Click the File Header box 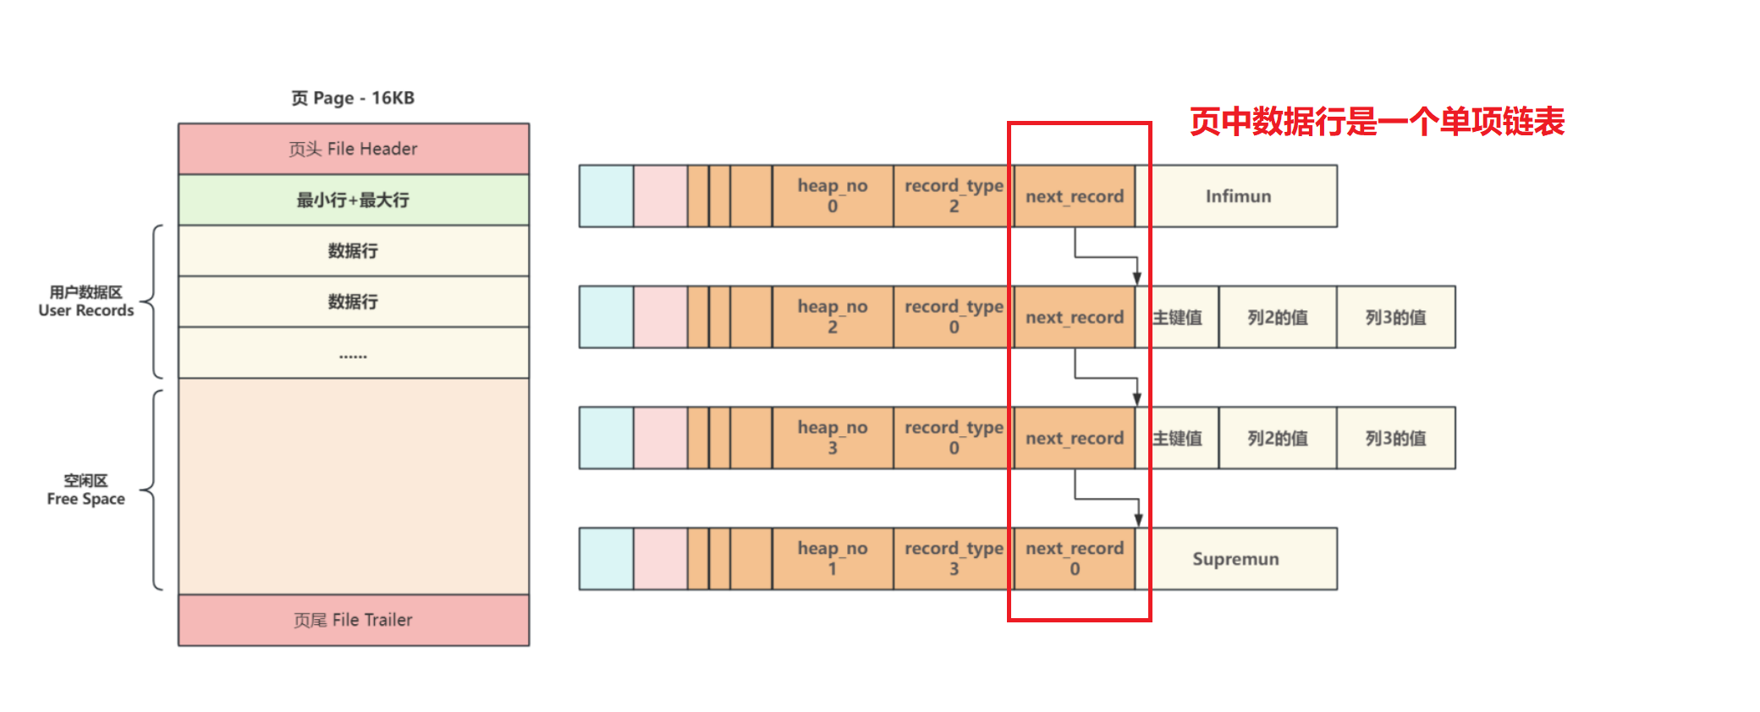[x=353, y=149]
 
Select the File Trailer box [x=353, y=620]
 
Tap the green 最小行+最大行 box [x=353, y=200]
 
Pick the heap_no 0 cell [x=832, y=196]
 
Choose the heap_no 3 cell [x=832, y=438]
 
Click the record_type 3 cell [x=953, y=559]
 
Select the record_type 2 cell [x=953, y=196]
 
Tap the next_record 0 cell [x=1074, y=559]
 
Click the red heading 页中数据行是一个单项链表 [x=1377, y=122]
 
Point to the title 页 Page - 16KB [x=353, y=98]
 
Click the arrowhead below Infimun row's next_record [x=1137, y=278]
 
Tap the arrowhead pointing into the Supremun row [x=1139, y=520]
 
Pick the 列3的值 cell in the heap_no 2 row [x=1395, y=317]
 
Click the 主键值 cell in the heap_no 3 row [x=1178, y=438]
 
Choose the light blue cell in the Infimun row [x=606, y=196]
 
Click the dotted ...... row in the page [x=353, y=353]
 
